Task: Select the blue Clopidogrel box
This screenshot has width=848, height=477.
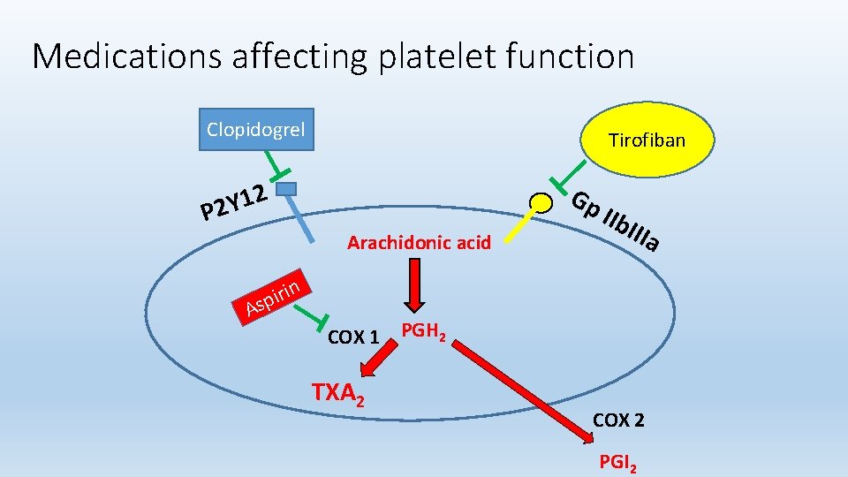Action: pos(255,130)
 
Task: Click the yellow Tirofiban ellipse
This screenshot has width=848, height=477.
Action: pos(647,140)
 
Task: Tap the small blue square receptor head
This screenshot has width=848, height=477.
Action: pos(285,188)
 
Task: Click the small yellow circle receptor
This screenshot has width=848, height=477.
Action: pos(538,203)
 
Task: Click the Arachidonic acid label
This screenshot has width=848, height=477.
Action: pos(419,242)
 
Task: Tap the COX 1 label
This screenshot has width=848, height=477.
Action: pos(353,337)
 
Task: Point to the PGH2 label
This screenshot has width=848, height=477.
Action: pos(423,332)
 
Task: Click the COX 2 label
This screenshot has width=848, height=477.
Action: pos(618,420)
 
